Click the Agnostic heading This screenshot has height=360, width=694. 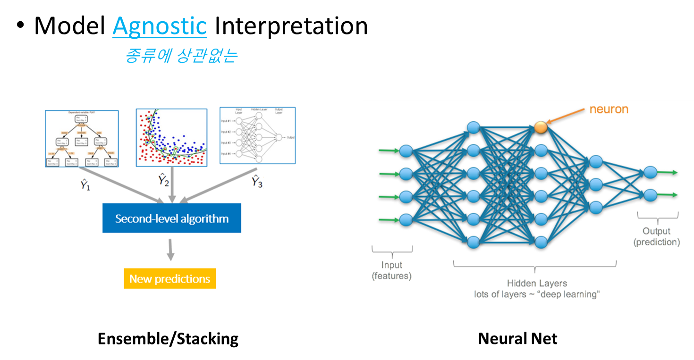pos(160,26)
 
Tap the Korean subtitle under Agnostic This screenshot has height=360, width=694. pos(181,56)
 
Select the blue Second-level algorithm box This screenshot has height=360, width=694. pos(172,218)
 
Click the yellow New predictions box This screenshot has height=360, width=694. pos(169,279)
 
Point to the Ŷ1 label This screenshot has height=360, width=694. pos(85,184)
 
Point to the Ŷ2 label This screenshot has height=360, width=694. pos(163,180)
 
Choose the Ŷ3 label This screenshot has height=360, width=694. pos(257,181)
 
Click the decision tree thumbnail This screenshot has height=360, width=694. pos(82,138)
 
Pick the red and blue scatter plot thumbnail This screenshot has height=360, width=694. pos(171,138)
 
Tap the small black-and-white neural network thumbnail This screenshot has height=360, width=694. pos(257,135)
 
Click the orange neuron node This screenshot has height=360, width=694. pos(541,127)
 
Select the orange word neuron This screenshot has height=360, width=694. pos(609,109)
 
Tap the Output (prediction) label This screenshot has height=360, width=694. pos(657,236)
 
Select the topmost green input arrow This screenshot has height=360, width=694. pos(389,151)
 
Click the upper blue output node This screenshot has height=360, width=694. pos(650,173)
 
